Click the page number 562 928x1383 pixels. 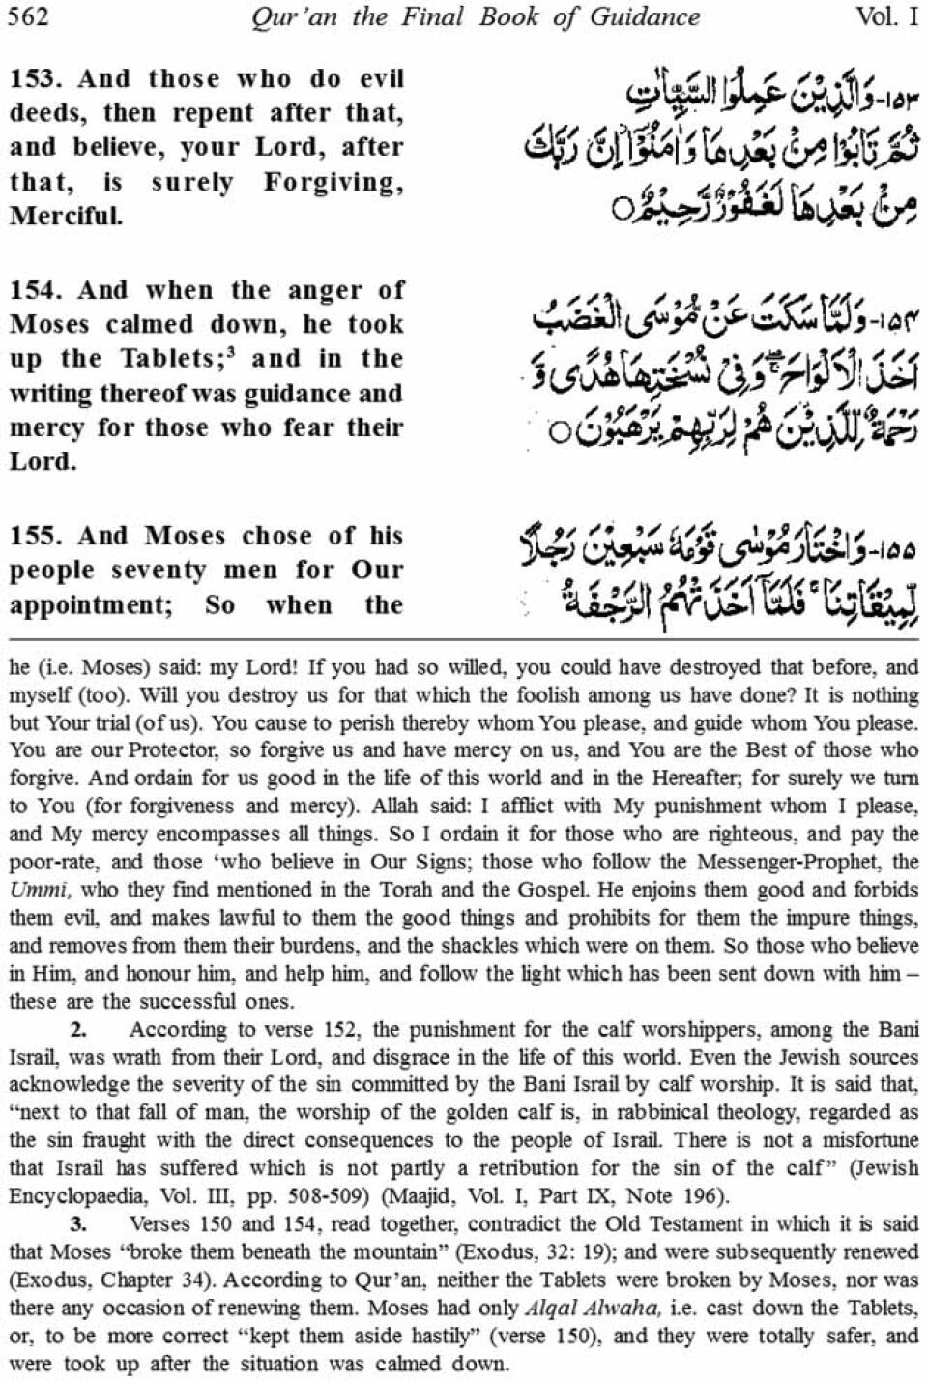28,16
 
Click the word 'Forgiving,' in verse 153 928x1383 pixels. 333,183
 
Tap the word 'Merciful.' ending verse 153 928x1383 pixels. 67,216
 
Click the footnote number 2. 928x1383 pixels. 79,1030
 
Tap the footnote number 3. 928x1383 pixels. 79,1224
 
